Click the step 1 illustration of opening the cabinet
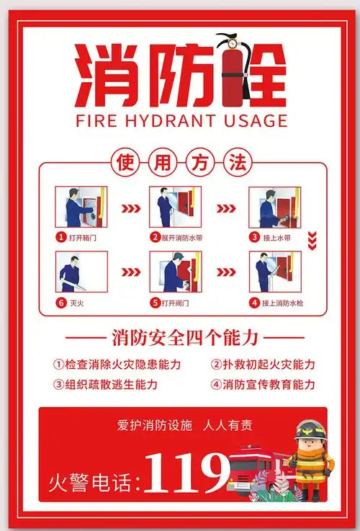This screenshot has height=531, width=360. click(x=81, y=207)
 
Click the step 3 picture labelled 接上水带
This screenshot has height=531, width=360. click(x=273, y=207)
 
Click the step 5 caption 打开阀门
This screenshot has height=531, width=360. click(x=174, y=303)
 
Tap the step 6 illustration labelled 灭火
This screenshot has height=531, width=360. click(x=81, y=272)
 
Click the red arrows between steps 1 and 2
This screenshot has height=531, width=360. click(x=129, y=209)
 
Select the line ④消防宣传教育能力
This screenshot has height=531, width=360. click(x=263, y=384)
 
